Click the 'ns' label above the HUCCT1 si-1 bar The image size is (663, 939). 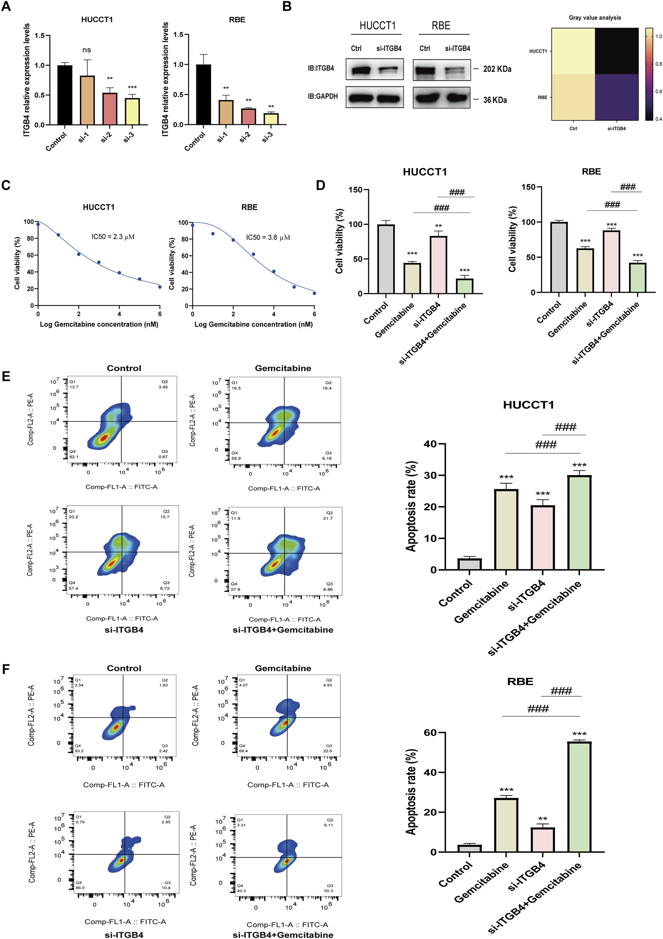pos(87,50)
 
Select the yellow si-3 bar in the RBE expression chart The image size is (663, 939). pos(271,119)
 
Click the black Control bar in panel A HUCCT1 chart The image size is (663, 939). pos(64,95)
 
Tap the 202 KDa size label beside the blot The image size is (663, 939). pos(496,69)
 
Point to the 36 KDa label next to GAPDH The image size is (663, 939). pos(495,100)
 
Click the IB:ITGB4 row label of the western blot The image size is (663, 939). pos(321,68)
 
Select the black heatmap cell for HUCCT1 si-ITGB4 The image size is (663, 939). pos(617,51)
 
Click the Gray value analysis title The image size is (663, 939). pos(594,18)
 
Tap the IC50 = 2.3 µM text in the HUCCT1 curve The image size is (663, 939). pos(113,237)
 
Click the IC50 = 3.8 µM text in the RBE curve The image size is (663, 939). pos(268,238)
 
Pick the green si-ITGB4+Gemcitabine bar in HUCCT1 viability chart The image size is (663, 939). pos(464,286)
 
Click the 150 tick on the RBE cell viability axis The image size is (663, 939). pos(528,187)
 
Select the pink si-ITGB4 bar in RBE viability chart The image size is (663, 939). pos(611,261)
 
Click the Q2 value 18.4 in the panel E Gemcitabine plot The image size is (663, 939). pos(327,388)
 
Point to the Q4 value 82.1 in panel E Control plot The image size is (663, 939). pos(74,457)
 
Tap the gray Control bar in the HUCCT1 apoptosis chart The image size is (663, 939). pos(469,564)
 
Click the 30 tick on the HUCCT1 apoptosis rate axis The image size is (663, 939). pos(430,475)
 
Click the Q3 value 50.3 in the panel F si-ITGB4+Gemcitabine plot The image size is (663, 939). pos(328,891)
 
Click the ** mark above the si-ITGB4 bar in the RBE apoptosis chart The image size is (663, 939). pos(543,819)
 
